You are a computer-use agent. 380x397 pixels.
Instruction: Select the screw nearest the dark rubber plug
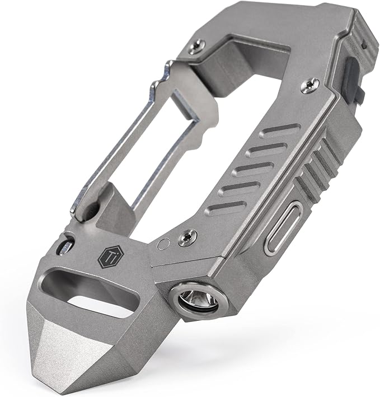click(x=310, y=85)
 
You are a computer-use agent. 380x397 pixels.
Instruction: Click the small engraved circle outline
click(x=162, y=245)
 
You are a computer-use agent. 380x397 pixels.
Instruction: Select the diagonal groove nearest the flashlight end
click(x=227, y=208)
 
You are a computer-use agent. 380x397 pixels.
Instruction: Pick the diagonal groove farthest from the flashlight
click(x=280, y=130)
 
